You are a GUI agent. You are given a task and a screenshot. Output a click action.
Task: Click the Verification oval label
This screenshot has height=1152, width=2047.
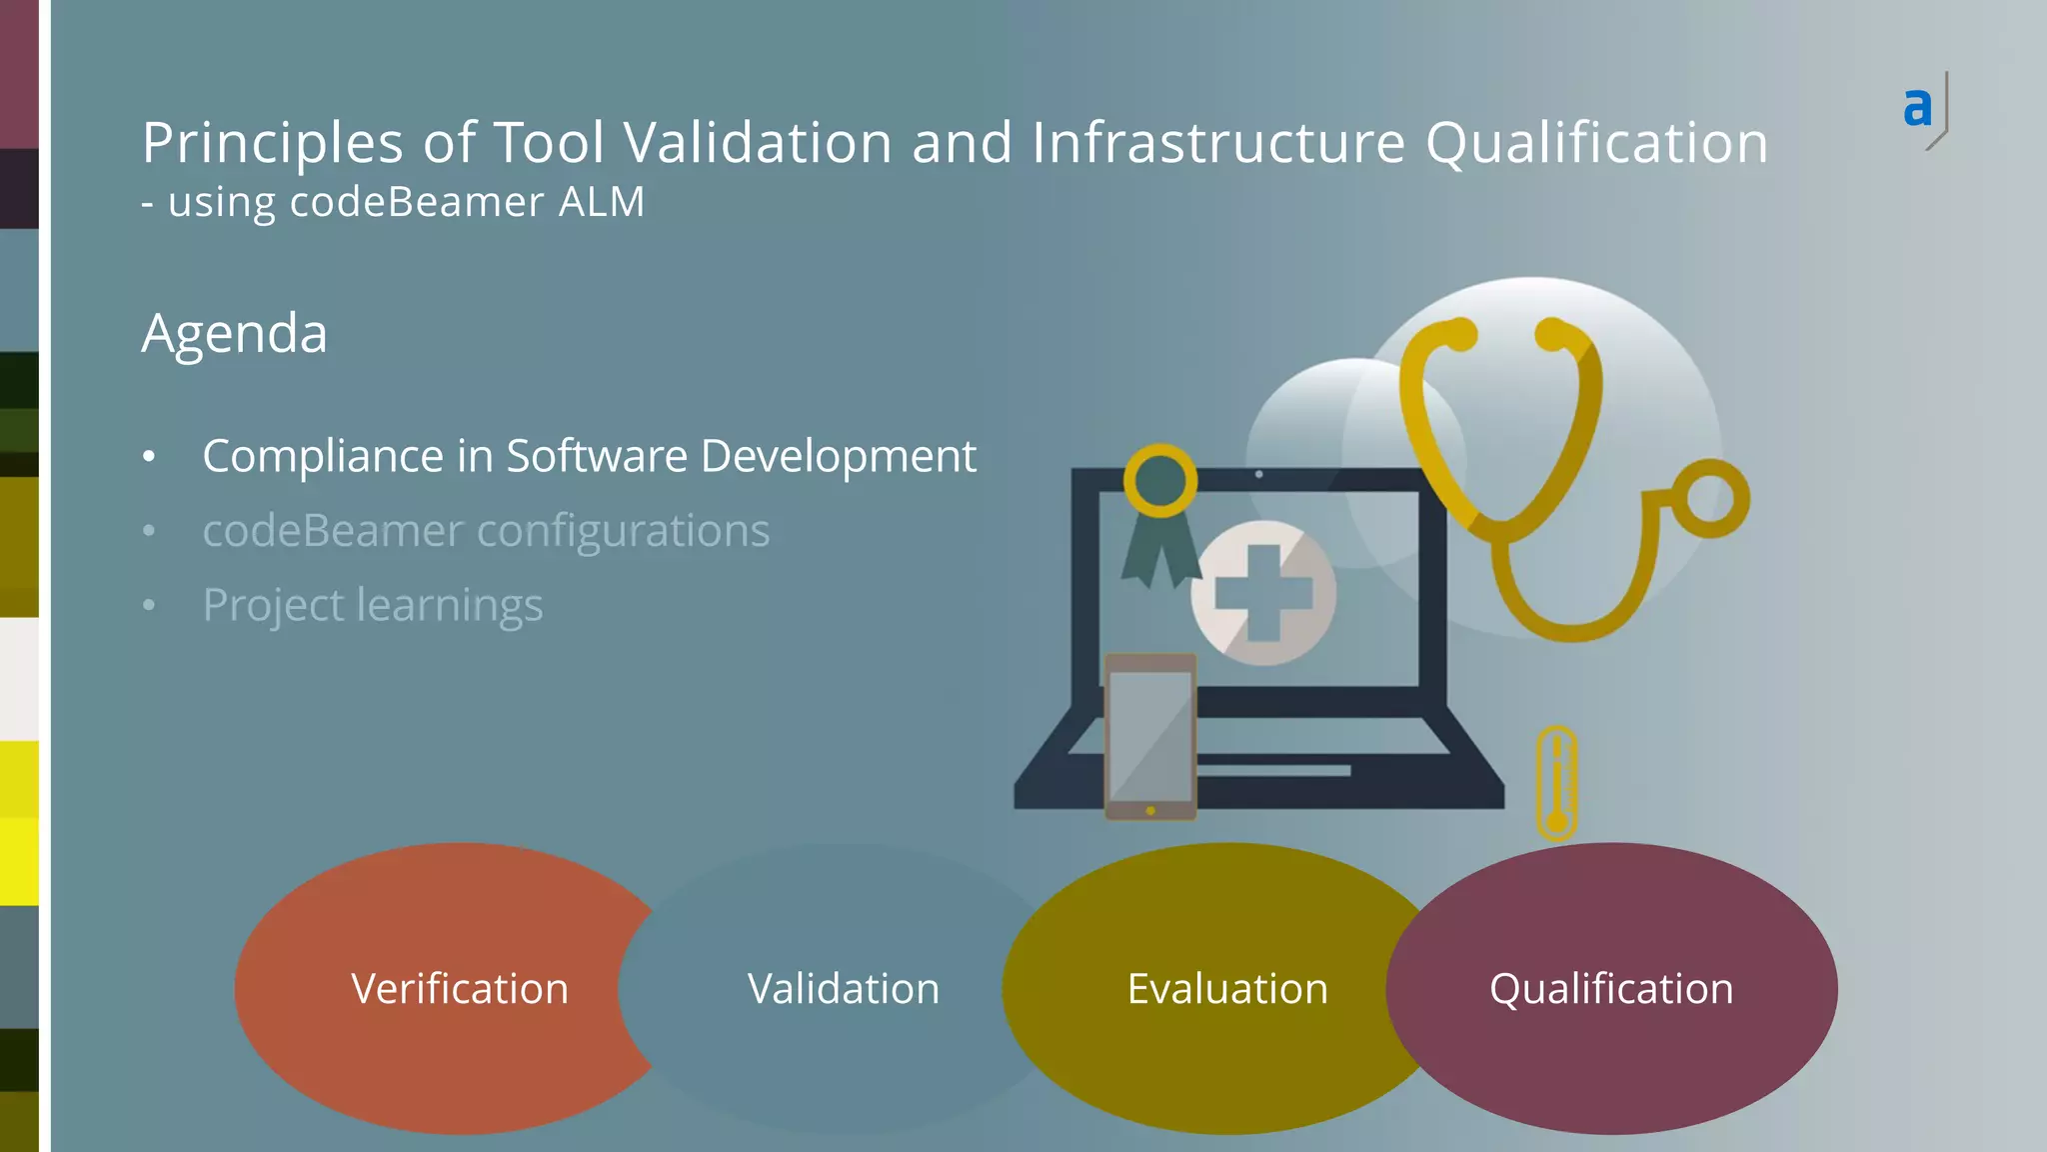460,989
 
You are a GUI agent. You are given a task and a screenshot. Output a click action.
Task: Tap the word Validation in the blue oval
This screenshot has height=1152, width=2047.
844,989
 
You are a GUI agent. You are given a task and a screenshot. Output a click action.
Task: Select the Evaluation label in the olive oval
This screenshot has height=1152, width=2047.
1227,989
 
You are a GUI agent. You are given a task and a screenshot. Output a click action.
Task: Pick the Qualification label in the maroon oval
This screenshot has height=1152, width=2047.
1611,989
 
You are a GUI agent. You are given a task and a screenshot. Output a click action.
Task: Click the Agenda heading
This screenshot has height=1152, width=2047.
234,333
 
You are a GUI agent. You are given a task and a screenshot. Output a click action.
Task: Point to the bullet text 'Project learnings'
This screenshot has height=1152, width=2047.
372,605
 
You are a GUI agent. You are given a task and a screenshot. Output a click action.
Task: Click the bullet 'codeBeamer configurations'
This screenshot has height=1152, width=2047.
486,530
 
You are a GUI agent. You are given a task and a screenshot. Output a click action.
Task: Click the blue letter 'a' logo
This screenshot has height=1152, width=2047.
1917,107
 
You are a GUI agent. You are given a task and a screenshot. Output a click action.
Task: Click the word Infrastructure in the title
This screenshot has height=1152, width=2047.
1218,142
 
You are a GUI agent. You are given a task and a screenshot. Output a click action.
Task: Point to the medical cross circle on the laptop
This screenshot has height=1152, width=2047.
1263,593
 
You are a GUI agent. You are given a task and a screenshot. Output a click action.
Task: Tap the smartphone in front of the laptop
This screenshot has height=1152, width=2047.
1150,737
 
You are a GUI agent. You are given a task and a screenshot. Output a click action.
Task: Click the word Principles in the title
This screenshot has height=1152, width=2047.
272,142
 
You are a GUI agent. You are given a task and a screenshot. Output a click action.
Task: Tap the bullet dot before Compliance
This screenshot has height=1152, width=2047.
149,457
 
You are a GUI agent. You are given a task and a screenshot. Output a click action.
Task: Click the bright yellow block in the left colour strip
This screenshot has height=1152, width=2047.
19,860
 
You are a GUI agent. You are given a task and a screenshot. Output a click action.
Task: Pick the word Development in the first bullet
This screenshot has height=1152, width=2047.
838,456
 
